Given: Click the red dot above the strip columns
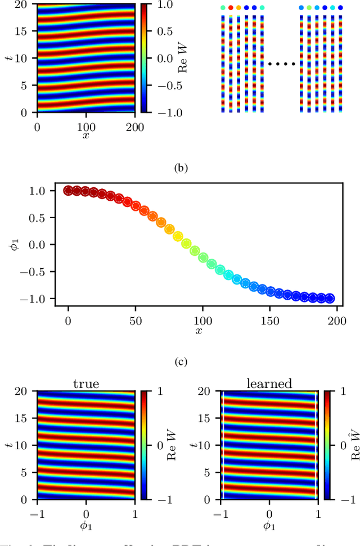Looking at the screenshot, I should (x=231, y=8).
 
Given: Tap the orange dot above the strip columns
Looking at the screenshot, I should (x=238, y=8).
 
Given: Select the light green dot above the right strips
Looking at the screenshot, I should (x=309, y=8).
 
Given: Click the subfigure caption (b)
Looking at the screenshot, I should (x=179, y=167).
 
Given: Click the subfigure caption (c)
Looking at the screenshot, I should (x=179, y=363).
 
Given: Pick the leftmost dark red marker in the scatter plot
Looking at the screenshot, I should (x=68, y=191).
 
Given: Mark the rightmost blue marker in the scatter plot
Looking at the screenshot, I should (x=330, y=298).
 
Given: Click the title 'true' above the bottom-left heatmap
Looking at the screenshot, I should (x=85, y=384).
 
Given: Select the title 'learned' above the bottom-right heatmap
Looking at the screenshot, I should (x=269, y=384).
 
